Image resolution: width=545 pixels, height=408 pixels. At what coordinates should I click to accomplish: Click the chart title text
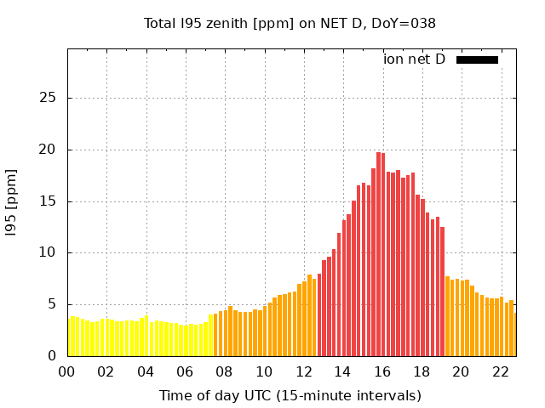[x=290, y=23]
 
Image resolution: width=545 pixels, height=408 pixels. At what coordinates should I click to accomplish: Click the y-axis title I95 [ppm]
[x=12, y=203]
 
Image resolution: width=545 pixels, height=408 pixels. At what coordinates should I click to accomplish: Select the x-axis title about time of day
[x=290, y=395]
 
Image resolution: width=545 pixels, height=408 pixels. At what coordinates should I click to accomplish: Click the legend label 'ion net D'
[x=414, y=59]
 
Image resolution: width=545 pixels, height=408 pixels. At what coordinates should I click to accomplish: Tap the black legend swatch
[x=477, y=59]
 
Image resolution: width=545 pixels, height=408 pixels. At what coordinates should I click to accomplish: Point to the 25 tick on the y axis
[x=48, y=98]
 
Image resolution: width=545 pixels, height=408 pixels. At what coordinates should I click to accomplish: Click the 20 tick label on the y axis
[x=48, y=150]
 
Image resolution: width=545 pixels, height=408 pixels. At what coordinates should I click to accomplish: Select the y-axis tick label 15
[x=48, y=201]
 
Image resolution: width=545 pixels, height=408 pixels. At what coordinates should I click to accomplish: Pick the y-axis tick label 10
[x=48, y=252]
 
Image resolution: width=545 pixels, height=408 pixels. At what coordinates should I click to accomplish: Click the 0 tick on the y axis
[x=52, y=356]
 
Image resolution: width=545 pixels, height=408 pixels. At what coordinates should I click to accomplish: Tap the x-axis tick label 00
[x=67, y=371]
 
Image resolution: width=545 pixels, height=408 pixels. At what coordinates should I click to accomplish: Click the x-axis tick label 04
[x=146, y=371]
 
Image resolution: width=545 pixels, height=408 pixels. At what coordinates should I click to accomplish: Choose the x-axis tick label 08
[x=225, y=371]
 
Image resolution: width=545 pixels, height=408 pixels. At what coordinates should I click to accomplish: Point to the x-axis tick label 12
[x=303, y=371]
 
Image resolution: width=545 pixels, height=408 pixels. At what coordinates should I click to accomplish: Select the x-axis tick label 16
[x=382, y=371]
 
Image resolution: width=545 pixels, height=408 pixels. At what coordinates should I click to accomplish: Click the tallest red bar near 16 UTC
[x=378, y=255]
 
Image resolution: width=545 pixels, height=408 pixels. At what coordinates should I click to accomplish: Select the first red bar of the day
[x=319, y=314]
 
